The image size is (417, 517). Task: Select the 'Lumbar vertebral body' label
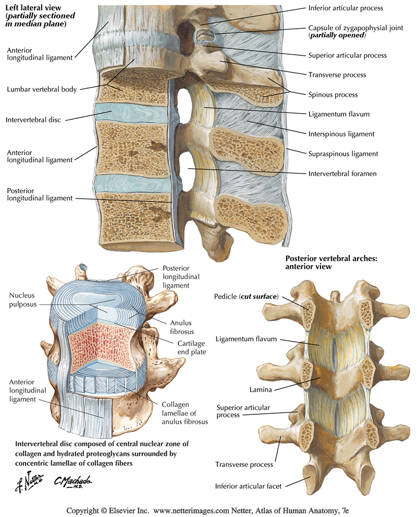(x=42, y=89)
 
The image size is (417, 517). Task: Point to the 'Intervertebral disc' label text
(x=33, y=120)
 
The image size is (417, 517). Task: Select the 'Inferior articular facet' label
(x=249, y=486)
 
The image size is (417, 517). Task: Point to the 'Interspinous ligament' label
(x=341, y=134)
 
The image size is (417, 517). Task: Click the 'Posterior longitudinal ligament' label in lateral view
(x=40, y=194)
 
